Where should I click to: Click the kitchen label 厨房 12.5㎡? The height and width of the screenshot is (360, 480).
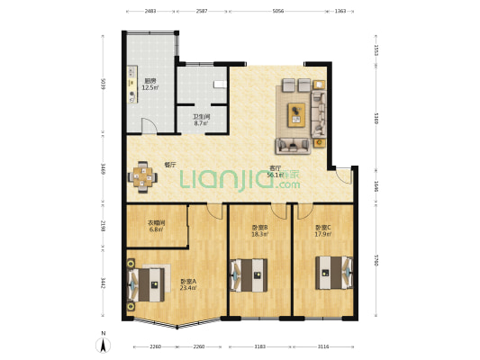pyautogui.click(x=149, y=85)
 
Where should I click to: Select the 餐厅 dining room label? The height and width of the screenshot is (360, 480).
pyautogui.click(x=169, y=165)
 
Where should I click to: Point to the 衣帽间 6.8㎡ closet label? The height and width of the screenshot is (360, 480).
pyautogui.click(x=156, y=226)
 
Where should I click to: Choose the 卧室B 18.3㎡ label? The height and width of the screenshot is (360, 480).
pyautogui.click(x=260, y=230)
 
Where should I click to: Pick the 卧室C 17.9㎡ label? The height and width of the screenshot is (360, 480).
pyautogui.click(x=322, y=230)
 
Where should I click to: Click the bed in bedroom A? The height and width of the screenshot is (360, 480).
pyautogui.click(x=150, y=282)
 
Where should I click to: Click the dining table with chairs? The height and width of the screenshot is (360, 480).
pyautogui.click(x=142, y=176)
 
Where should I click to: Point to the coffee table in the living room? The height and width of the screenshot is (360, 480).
pyautogui.click(x=298, y=113)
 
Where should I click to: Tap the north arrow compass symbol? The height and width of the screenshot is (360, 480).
pyautogui.click(x=104, y=343)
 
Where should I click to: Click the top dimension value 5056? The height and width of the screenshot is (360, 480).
pyautogui.click(x=278, y=12)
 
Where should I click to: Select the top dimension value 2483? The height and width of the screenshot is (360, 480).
pyautogui.click(x=149, y=12)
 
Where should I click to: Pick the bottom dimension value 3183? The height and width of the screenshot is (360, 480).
pyautogui.click(x=259, y=346)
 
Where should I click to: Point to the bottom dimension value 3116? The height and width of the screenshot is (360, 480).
pyautogui.click(x=322, y=346)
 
